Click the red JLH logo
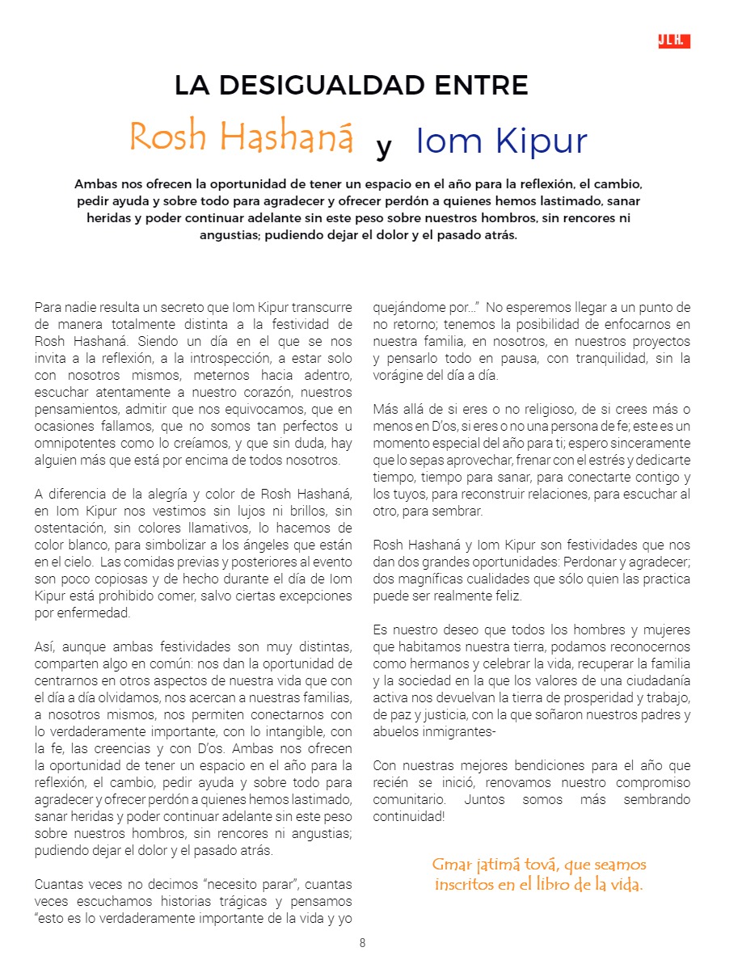673,41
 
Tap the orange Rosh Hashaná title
241,137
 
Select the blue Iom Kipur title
501,141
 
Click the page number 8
363,942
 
